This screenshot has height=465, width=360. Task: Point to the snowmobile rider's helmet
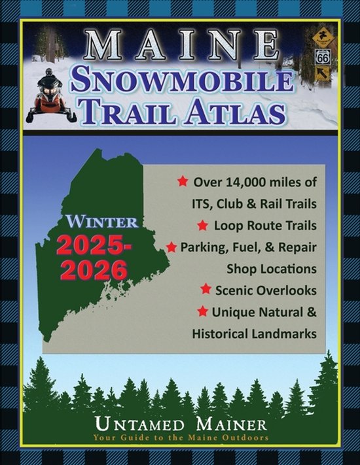(x=46, y=80)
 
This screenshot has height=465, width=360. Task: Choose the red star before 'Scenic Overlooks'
(x=206, y=288)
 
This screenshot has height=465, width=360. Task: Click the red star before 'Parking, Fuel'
(x=172, y=247)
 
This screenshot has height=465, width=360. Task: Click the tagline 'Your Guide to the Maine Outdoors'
(x=180, y=438)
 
